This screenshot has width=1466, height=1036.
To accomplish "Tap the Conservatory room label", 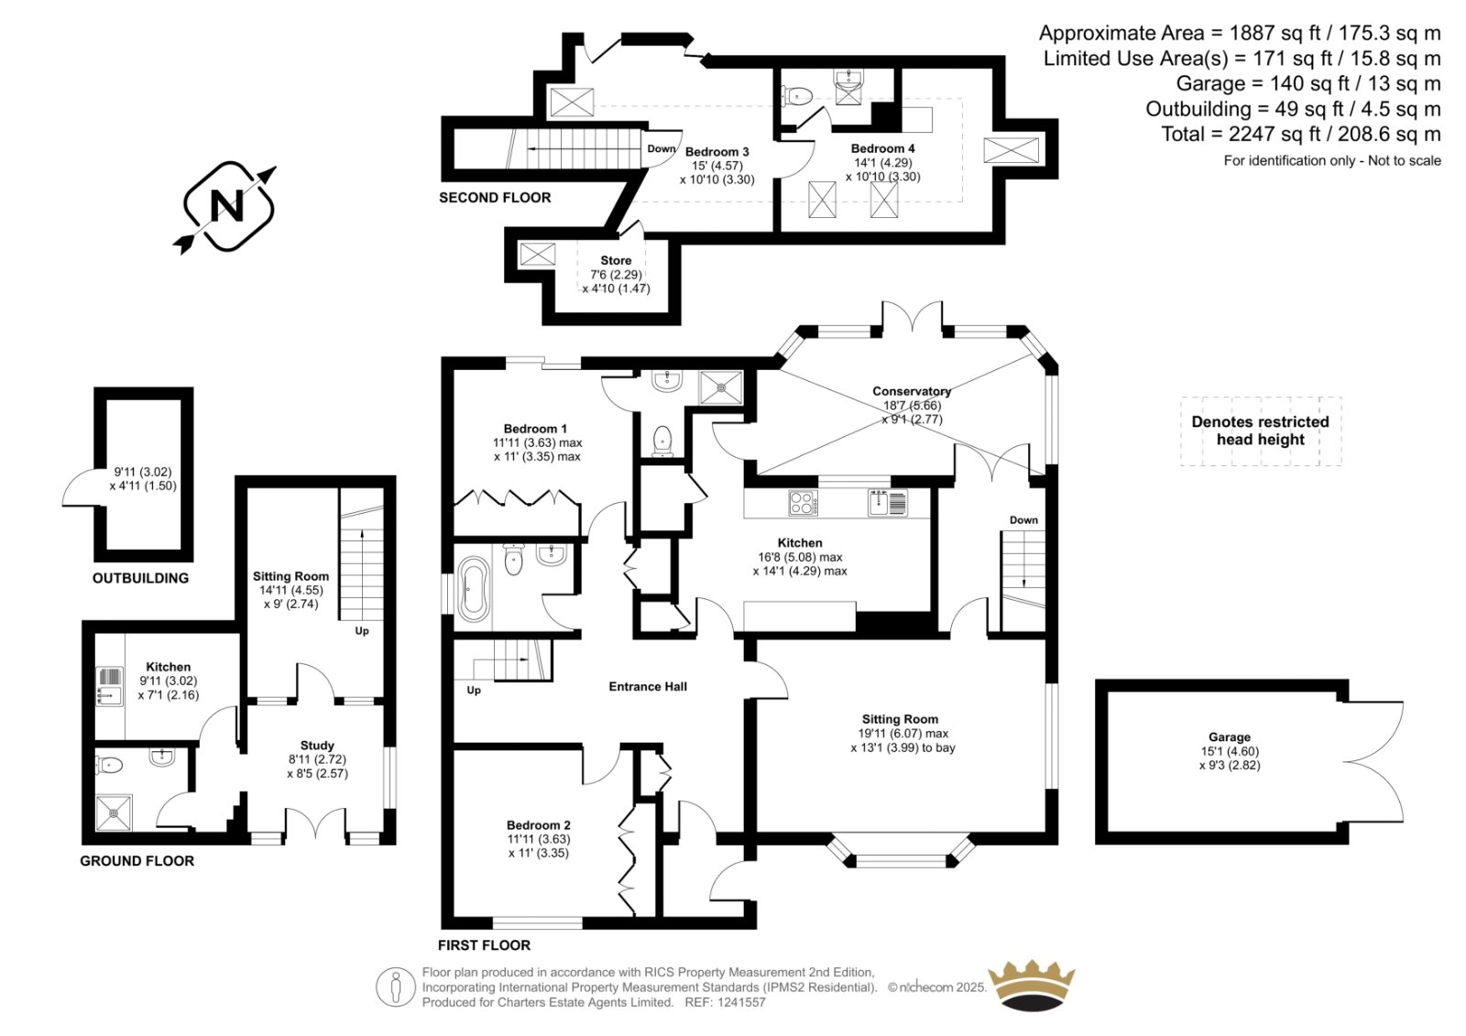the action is pos(911,391).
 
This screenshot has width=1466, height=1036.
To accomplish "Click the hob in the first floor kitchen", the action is pos(803,503).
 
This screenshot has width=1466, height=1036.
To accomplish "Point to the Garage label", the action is pos(1229,736).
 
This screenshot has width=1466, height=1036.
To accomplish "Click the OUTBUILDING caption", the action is pos(140,578).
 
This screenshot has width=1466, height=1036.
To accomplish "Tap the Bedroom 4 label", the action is pos(882,148).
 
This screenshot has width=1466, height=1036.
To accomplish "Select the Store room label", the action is pos(616,260).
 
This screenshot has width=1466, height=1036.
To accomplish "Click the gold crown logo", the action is pos(1032,987).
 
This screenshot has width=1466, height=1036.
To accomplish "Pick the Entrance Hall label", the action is pos(648,686).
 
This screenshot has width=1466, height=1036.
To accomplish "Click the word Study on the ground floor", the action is pos(317,746).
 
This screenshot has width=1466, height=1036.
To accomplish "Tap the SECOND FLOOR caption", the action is pos(495,198).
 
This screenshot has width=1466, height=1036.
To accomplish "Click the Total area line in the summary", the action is pos(1300,134).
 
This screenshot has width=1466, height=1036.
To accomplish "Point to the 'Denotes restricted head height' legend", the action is pos(1261,431).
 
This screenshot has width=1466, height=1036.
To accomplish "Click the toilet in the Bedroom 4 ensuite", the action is pos(796,97).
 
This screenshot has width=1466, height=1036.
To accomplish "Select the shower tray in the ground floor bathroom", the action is pos(114,812).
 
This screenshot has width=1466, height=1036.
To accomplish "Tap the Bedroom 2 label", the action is pos(538,825).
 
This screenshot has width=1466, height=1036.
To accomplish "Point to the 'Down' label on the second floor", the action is pos(661,148).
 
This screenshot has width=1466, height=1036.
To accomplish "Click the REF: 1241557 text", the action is pos(725,1002).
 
